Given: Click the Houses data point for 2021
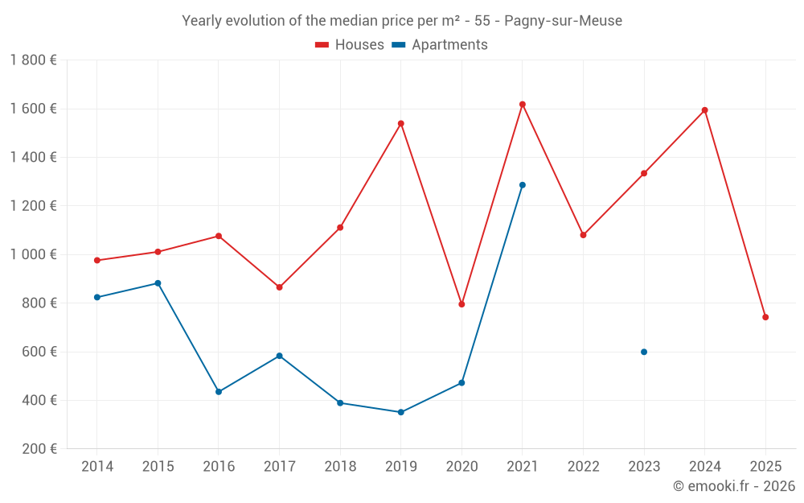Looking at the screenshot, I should (x=523, y=105).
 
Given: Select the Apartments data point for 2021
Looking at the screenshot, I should (x=523, y=185).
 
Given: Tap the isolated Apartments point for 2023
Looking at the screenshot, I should (x=644, y=352).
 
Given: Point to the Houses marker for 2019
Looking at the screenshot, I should (x=400, y=124).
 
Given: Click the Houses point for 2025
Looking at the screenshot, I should (x=765, y=317).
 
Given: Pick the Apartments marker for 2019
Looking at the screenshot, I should (x=400, y=412).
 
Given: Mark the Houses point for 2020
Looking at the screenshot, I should (x=461, y=304).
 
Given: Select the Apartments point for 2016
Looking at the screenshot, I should (x=219, y=392).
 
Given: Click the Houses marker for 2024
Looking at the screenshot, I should (x=705, y=110).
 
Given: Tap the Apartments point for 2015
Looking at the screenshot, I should (x=158, y=283).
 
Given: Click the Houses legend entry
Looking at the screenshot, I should (x=350, y=45).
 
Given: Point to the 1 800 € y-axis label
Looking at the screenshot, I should (x=33, y=60).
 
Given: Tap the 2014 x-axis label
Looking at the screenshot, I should (x=97, y=467).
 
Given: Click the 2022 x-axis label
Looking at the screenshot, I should (x=583, y=467).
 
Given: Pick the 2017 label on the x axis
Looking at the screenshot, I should (x=279, y=467).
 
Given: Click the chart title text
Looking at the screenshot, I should (x=402, y=21).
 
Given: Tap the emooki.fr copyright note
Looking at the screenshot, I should (x=733, y=486).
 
